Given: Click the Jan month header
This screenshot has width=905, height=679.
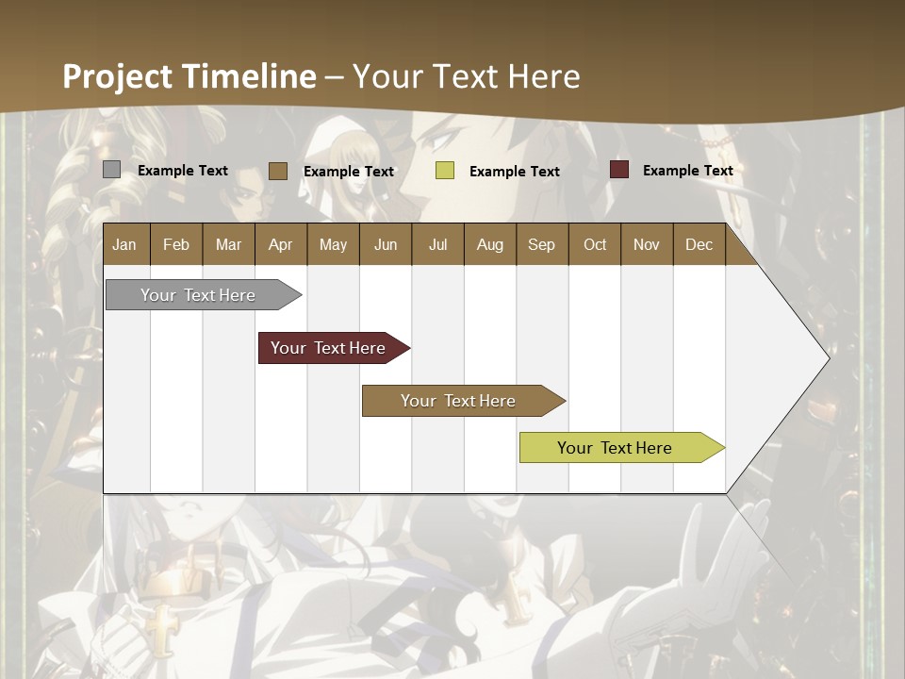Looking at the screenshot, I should click(124, 244).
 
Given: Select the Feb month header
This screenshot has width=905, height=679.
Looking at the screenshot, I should click(176, 244).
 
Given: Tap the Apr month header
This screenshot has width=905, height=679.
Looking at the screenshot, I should click(280, 244).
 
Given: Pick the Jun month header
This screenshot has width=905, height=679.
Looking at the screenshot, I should click(386, 244).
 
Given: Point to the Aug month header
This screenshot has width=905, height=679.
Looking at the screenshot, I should click(489, 244).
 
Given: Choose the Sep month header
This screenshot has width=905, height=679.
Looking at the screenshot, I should click(541, 244).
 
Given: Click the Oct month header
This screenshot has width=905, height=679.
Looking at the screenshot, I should click(595, 244).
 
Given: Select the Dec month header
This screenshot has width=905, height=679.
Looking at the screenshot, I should click(699, 244).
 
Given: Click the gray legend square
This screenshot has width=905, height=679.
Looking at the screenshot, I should click(111, 170).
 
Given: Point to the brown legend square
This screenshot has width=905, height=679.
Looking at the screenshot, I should click(277, 171).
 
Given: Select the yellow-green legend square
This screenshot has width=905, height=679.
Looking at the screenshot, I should click(444, 171).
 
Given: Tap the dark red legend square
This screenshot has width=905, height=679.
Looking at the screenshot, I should click(618, 170).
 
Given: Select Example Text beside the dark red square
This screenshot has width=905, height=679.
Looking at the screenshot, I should click(687, 171).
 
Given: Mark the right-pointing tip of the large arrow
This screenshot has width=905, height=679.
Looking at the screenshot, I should click(828, 358).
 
